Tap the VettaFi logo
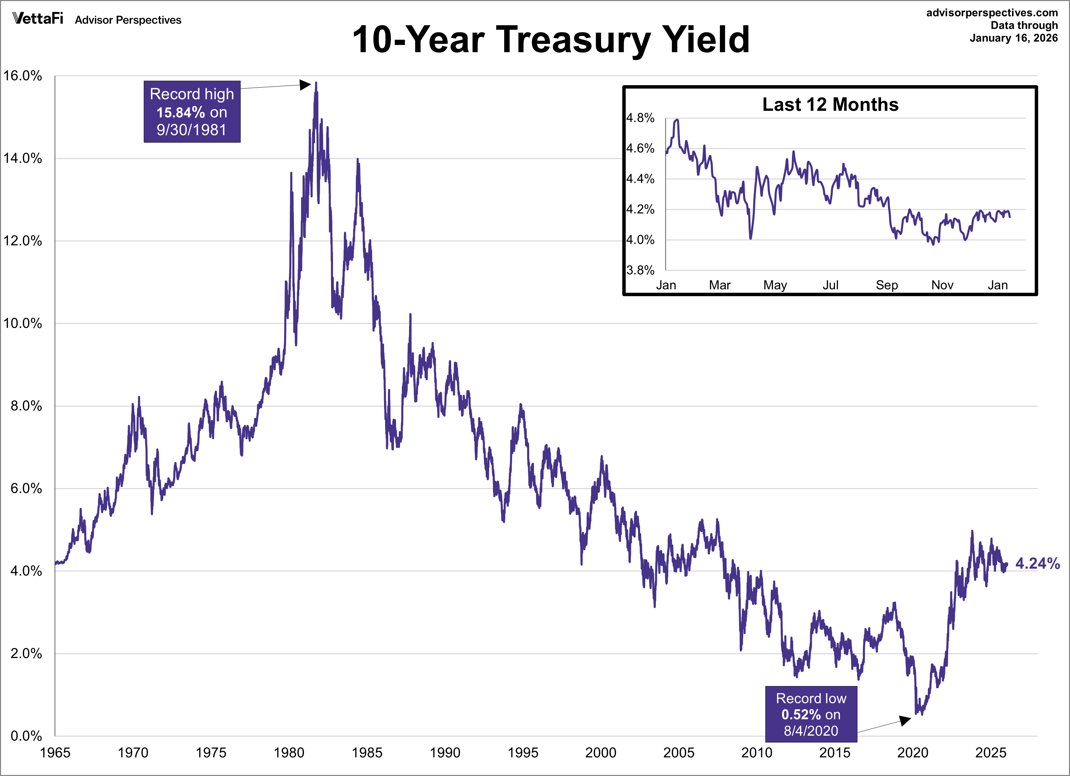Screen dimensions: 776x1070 38,18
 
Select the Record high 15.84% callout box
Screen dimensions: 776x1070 192,112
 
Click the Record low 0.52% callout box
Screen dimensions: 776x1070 811,714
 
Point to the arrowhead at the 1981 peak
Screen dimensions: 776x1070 306,85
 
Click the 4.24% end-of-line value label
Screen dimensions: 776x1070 1037,563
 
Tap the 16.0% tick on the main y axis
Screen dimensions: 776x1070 23,76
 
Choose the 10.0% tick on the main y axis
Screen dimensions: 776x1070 23,324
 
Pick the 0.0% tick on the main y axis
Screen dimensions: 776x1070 26,736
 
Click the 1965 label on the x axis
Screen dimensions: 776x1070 55,752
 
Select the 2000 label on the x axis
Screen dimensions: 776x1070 601,752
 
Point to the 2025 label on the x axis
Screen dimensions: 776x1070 990,752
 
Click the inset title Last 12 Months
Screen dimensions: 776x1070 830,105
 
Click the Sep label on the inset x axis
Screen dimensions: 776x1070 887,285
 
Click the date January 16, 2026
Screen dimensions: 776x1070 1014,38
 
